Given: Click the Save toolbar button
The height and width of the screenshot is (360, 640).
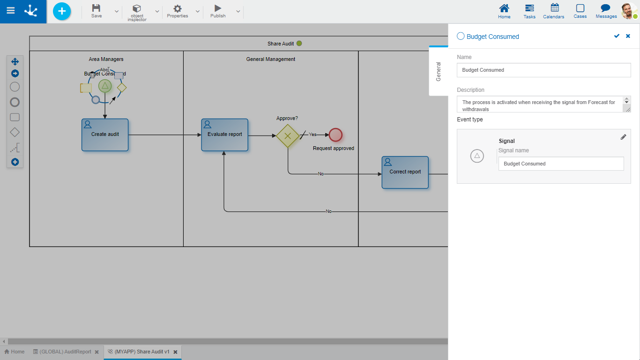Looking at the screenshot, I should [96, 11].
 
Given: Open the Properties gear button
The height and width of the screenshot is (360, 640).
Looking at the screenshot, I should [178, 11].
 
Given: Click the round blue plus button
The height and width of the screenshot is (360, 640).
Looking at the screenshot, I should [62, 11].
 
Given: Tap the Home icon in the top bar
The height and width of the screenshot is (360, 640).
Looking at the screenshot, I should [504, 11].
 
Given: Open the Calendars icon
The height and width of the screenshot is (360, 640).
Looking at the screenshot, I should [554, 11].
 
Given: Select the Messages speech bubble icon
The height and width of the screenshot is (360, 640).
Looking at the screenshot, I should [606, 11].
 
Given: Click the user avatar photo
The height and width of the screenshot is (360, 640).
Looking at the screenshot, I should [628, 11].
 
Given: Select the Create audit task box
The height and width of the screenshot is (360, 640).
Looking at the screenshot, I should [105, 135].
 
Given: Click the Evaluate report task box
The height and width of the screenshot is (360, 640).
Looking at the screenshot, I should [225, 135].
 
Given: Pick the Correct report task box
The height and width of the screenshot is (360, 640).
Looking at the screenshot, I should [405, 172].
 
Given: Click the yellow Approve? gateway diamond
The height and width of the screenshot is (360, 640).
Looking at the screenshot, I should [288, 136].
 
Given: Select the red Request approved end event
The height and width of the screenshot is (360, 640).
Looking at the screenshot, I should [335, 135].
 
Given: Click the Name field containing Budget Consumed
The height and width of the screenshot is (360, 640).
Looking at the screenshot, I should [543, 70].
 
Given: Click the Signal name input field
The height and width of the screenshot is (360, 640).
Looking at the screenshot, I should [561, 164].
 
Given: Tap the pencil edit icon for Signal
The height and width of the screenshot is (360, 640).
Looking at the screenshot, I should [623, 137].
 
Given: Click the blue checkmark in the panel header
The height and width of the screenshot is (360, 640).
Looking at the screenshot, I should [617, 36].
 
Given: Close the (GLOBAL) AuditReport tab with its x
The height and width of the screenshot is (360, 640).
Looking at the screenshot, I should [97, 352].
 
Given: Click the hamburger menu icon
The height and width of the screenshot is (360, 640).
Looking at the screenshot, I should [10, 11].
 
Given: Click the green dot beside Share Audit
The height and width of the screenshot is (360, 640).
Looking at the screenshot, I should [299, 44].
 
